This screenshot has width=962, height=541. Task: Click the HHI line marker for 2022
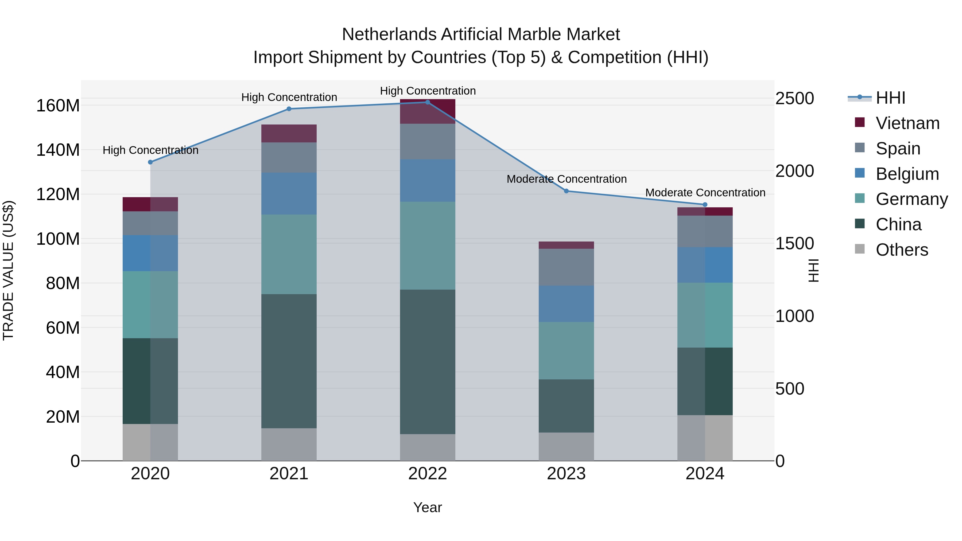(428, 102)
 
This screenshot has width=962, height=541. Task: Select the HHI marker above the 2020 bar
(150, 162)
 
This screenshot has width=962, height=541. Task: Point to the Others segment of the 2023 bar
(566, 446)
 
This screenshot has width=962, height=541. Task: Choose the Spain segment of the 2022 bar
(428, 142)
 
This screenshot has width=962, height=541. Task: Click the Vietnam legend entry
(907, 123)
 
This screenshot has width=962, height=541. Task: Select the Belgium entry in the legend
(907, 174)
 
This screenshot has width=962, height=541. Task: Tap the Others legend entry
(902, 250)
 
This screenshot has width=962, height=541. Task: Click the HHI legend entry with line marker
(890, 98)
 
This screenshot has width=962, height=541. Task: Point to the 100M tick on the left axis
(58, 239)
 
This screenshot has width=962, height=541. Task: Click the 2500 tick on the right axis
(795, 99)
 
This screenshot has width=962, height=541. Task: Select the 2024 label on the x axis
(705, 474)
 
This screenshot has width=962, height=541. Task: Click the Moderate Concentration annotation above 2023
(567, 179)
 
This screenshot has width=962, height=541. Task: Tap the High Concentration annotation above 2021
(289, 98)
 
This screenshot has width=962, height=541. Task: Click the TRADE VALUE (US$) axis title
(8, 270)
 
